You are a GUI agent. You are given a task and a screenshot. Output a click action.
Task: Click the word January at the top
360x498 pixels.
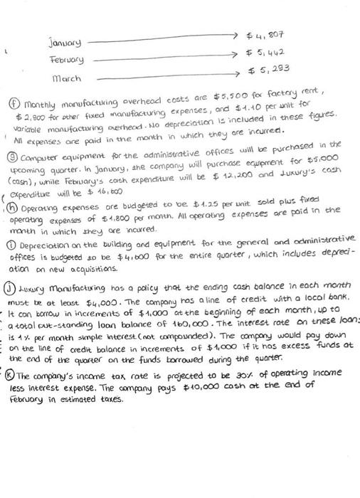point(66,42)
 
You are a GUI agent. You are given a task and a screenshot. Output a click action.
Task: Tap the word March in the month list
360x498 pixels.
point(67,78)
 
